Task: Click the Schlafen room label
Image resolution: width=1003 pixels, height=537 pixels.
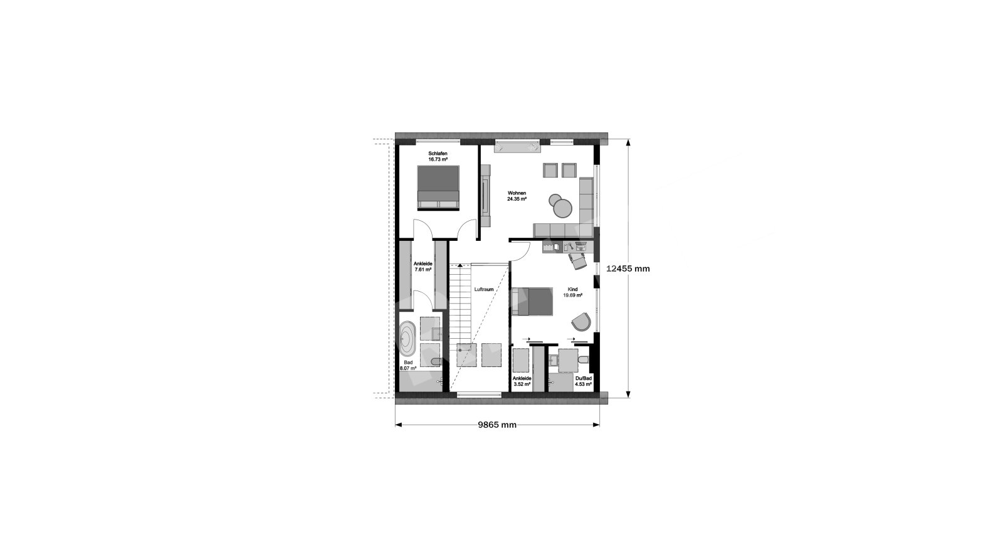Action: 438,154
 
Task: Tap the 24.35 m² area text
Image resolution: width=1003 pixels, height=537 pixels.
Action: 517,199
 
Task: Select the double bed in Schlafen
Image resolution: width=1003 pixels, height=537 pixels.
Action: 438,188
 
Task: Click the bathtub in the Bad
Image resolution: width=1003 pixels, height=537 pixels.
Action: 95,339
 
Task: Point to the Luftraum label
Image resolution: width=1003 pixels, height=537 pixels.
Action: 484,290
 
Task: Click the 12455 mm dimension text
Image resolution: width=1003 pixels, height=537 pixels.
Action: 628,269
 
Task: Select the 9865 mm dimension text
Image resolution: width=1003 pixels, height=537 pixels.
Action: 497,425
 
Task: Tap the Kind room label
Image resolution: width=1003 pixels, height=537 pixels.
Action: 572,290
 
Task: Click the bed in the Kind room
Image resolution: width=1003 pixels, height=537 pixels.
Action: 532,302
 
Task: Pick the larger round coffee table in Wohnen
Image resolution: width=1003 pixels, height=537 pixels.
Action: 562,208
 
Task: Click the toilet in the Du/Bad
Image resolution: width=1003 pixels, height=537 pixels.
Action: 583,360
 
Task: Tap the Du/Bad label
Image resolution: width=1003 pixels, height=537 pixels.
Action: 584,378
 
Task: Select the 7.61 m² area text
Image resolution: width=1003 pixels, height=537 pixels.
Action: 423,270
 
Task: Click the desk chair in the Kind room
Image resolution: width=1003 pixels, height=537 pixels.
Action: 577,260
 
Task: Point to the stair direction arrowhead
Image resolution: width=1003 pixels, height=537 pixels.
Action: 460,266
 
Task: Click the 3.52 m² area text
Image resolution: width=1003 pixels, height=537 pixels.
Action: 522,384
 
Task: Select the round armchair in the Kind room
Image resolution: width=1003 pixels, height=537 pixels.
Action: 582,321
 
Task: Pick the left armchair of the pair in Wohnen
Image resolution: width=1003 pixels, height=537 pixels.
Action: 550,170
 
